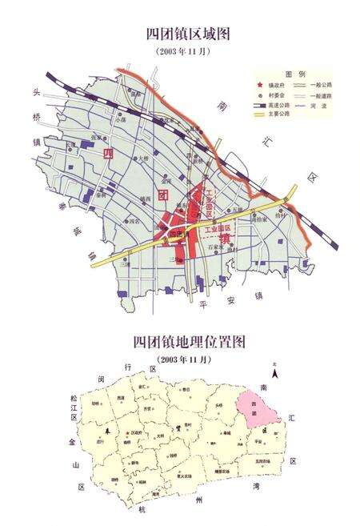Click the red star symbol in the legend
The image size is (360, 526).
[x=260, y=85]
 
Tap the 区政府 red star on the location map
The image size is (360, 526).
[x=127, y=434]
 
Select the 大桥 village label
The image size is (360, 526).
[x=142, y=158]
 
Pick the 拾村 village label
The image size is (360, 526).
[x=280, y=215]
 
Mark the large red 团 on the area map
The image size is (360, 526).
[x=162, y=194]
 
